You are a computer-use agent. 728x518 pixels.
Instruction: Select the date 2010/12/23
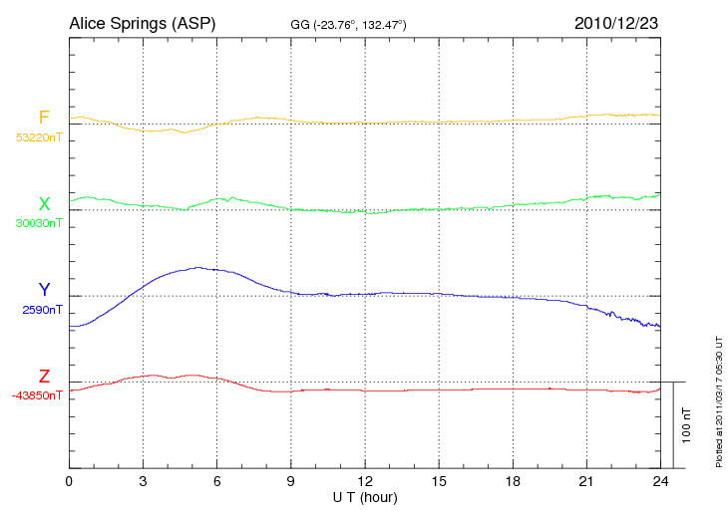click(615, 22)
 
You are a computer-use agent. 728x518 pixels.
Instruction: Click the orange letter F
click(44, 119)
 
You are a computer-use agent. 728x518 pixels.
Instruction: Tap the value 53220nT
click(38, 137)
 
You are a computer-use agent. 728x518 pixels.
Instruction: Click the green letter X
click(44, 205)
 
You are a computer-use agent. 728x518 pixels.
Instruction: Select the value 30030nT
click(38, 223)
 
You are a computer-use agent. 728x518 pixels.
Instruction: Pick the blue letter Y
click(44, 291)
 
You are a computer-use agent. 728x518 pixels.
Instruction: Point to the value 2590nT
click(42, 310)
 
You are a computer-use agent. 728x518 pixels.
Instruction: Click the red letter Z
click(44, 377)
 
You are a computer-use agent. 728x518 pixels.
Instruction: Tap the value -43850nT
click(37, 395)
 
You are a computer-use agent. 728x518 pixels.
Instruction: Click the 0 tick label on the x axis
click(69, 481)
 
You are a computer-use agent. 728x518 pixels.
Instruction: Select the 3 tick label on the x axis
click(143, 481)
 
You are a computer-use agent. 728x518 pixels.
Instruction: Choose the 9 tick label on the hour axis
click(291, 481)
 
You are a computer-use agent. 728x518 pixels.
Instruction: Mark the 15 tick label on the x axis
click(439, 481)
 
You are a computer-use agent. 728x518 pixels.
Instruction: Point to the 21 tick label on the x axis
click(586, 481)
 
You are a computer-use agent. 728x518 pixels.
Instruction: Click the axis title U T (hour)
click(365, 496)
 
